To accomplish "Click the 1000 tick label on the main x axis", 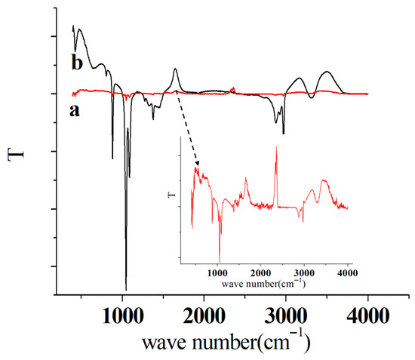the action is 123,315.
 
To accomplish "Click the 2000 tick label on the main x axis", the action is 204,315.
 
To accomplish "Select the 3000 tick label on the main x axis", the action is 286,315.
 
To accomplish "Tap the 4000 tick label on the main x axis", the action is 368,315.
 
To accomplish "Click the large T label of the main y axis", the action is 16,155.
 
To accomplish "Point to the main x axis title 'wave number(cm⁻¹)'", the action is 226,341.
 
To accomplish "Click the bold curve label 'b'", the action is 77,63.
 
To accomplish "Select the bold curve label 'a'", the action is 75,110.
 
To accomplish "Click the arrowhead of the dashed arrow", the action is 197,164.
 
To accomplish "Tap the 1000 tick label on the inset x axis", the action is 217,272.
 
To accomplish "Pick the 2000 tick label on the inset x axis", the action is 261,272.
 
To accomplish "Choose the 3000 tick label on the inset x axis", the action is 304,272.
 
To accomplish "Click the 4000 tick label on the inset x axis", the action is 348,272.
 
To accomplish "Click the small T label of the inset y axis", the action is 171,195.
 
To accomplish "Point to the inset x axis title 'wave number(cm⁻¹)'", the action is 263,284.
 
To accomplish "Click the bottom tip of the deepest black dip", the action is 126,290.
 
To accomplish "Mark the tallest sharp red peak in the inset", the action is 276,147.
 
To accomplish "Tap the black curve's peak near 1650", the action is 175,69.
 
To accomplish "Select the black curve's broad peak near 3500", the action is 327,72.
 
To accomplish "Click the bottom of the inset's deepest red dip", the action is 220,262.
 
